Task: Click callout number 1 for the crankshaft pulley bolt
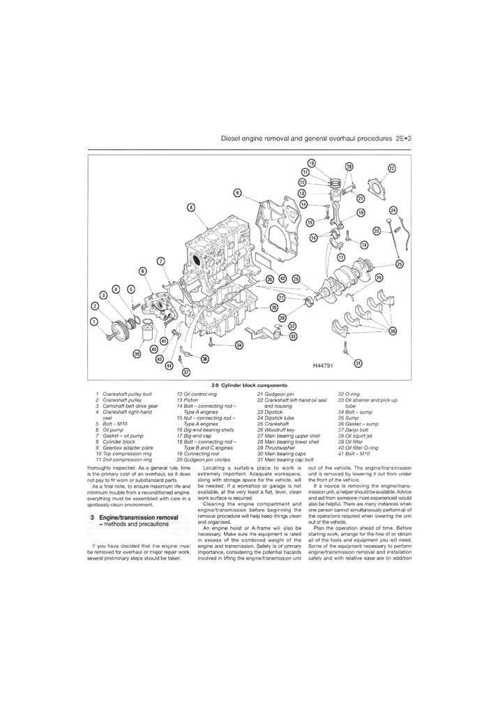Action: tap(95, 321)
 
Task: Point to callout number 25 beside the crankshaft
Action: tap(399, 263)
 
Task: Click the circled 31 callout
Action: tap(358, 363)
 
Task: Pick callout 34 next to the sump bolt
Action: tap(239, 345)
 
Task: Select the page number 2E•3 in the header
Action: tap(404, 139)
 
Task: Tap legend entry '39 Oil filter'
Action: tap(354, 441)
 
